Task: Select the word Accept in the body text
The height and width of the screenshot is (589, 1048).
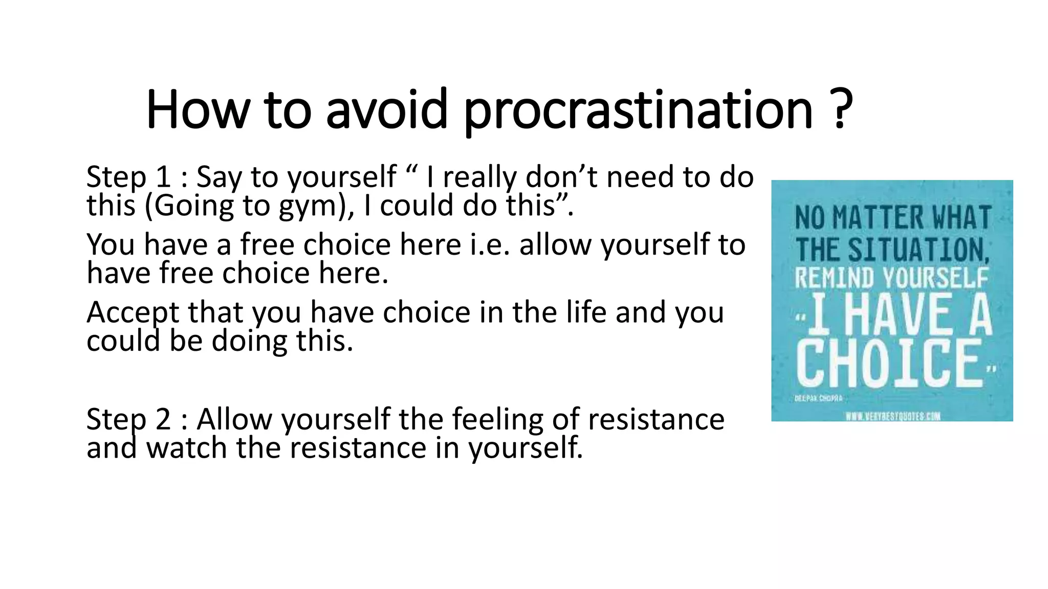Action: [133, 313]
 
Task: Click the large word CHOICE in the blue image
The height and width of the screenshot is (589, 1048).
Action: [889, 364]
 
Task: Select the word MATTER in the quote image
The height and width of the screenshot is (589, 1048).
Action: [878, 218]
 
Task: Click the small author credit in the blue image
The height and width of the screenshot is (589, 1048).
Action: [818, 398]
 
